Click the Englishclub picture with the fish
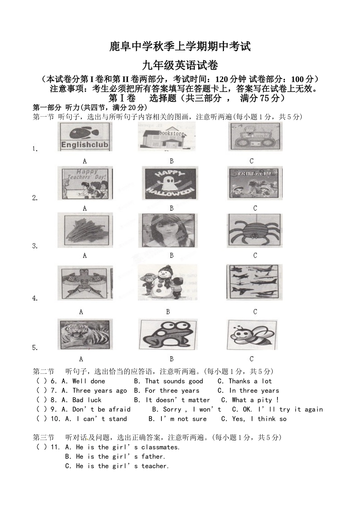[85, 137]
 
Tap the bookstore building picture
[166, 137]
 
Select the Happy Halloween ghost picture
[169, 183]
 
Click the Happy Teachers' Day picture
[85, 183]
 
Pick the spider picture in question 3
[255, 230]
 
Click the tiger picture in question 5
[85, 334]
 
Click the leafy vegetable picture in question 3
[85, 230]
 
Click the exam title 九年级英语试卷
[180, 66]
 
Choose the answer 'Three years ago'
[94, 391]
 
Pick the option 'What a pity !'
[250, 400]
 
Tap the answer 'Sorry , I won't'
[186, 410]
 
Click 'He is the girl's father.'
[115, 457]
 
